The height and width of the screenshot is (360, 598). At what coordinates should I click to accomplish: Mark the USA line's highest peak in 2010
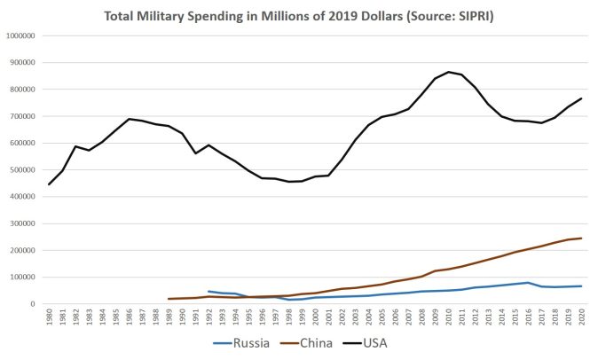(448, 72)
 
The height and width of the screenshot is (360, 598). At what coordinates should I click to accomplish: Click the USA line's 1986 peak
(130, 119)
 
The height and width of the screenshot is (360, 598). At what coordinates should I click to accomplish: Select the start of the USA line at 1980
(50, 184)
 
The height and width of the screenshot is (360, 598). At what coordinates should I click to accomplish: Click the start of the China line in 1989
(169, 299)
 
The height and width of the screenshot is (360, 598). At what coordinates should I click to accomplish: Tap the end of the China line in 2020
(580, 238)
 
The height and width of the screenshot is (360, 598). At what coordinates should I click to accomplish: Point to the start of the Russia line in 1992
(209, 291)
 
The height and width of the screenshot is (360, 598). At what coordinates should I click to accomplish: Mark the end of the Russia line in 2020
(580, 286)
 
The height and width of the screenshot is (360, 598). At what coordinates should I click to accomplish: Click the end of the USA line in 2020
(580, 98)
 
